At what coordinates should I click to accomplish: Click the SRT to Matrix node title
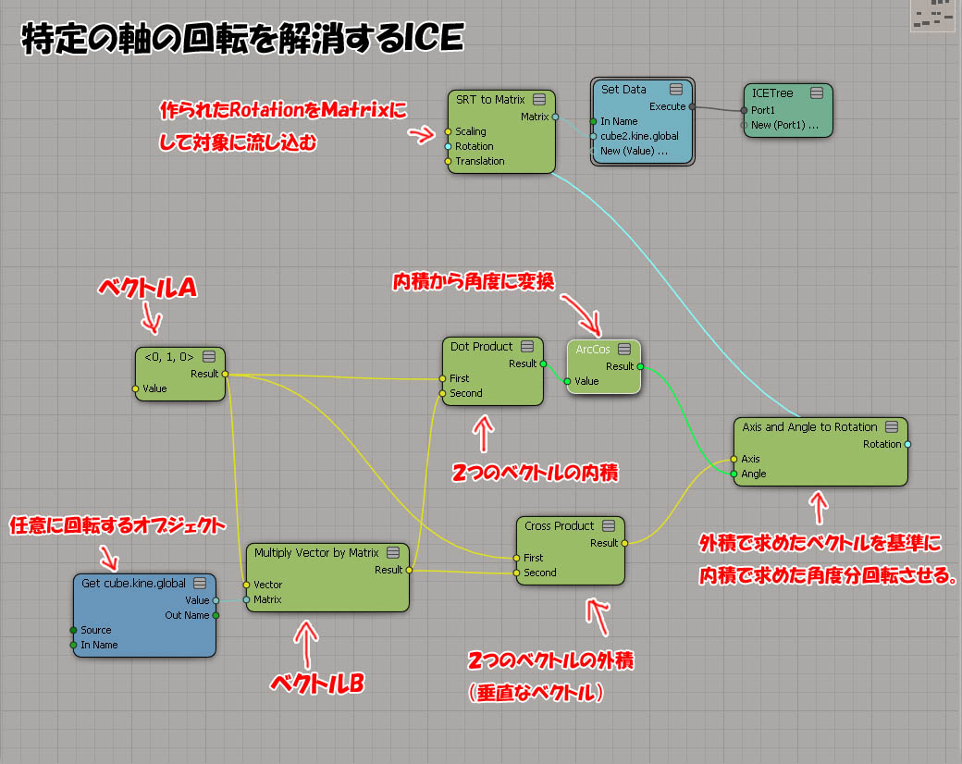pyautogui.click(x=490, y=100)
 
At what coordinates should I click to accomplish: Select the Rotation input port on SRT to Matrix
pyautogui.click(x=448, y=146)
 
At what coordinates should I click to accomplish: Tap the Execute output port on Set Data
pyautogui.click(x=691, y=106)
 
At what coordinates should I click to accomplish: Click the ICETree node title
pyautogui.click(x=773, y=93)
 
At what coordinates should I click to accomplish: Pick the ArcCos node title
pyautogui.click(x=593, y=349)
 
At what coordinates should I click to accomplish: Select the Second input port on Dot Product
pyautogui.click(x=443, y=393)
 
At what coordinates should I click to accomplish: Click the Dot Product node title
pyautogui.click(x=481, y=347)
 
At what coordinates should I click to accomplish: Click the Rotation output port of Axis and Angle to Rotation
pyautogui.click(x=907, y=444)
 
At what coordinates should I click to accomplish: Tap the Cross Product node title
pyautogui.click(x=559, y=526)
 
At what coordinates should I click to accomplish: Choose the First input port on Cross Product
pyautogui.click(x=516, y=558)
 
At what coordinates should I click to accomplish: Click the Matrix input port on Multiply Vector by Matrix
pyautogui.click(x=246, y=599)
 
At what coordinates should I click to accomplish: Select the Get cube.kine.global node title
pyautogui.click(x=133, y=584)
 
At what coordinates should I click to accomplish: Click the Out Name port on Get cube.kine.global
pyautogui.click(x=216, y=615)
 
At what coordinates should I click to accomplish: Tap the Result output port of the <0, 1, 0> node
pyautogui.click(x=225, y=374)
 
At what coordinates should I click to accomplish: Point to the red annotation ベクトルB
pyautogui.click(x=317, y=683)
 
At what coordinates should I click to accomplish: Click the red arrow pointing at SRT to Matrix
pyautogui.click(x=422, y=135)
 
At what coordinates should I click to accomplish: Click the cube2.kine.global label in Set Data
pyautogui.click(x=639, y=136)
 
